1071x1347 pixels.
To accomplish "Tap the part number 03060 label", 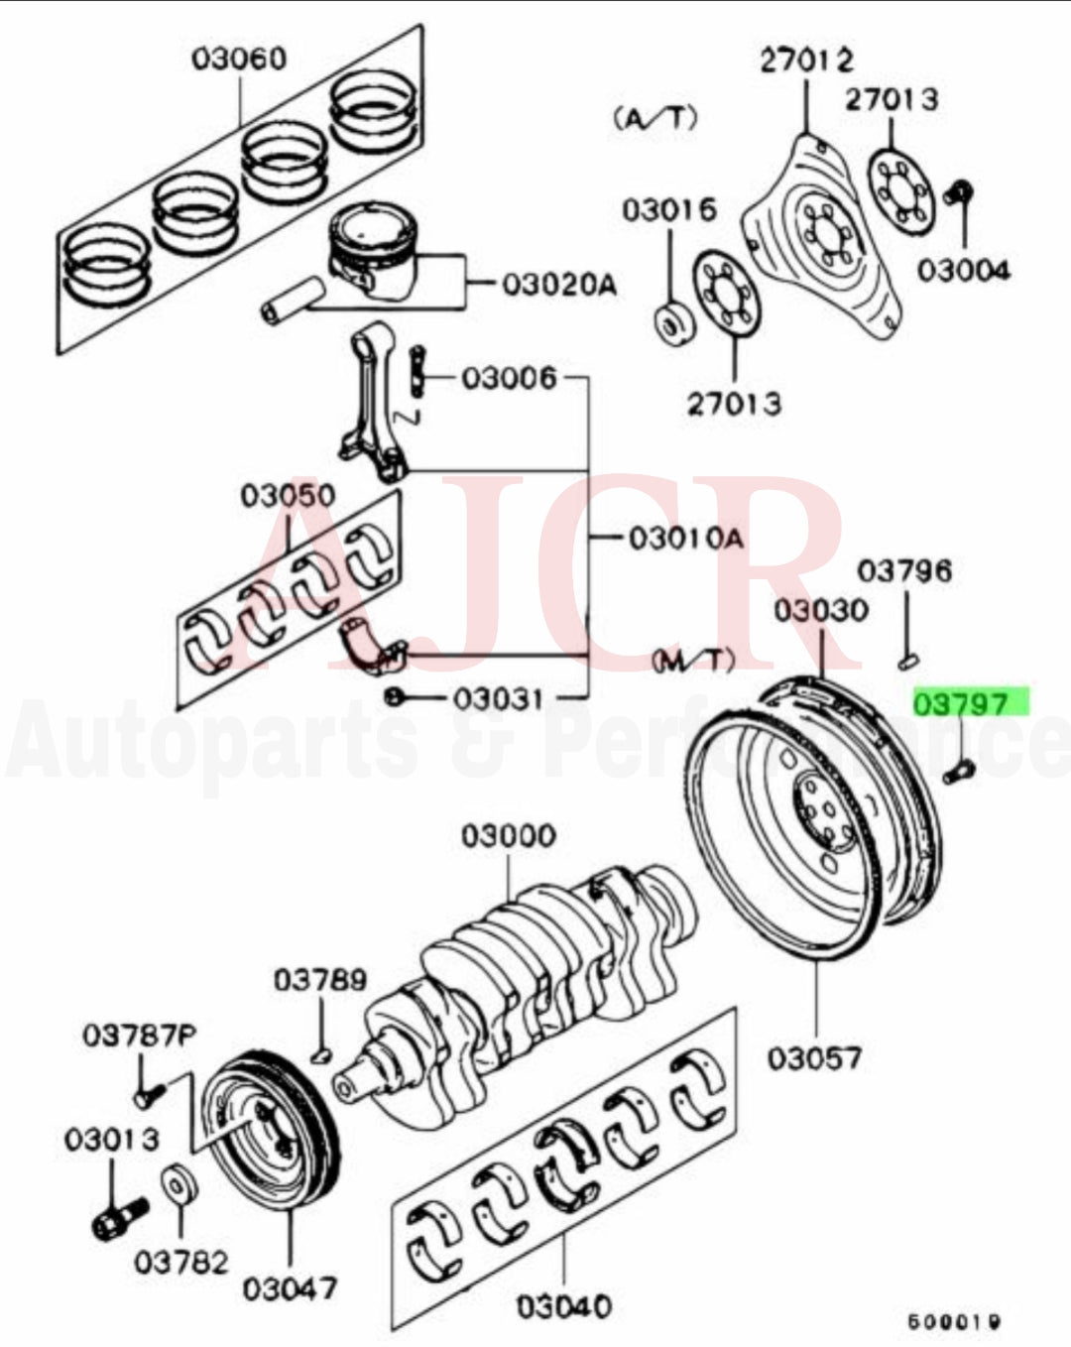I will click(238, 58).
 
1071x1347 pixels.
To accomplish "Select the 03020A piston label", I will click(557, 286).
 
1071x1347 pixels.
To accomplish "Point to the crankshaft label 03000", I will click(508, 836).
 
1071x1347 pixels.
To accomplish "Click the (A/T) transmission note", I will click(655, 118).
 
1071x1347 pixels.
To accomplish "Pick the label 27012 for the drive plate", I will click(806, 61).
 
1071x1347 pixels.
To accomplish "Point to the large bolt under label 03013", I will click(118, 1216).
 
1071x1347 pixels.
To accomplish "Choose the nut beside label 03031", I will click(395, 698).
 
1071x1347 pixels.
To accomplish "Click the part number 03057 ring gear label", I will click(815, 1058).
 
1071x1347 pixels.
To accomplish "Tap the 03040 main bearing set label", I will click(563, 1306).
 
